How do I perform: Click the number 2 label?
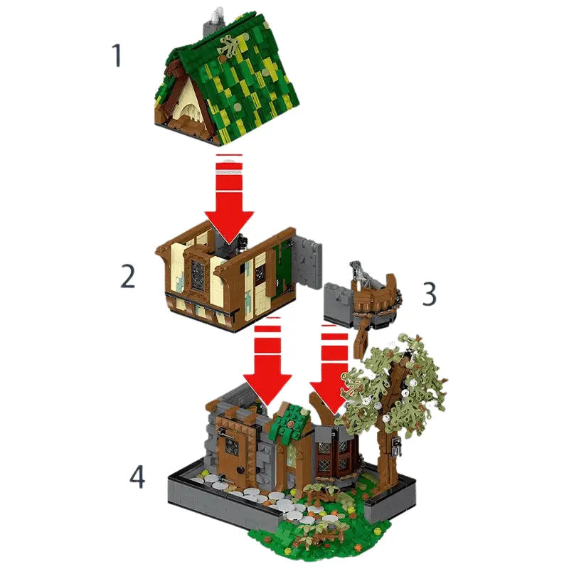pos(127,277)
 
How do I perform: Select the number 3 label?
pos(428,293)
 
